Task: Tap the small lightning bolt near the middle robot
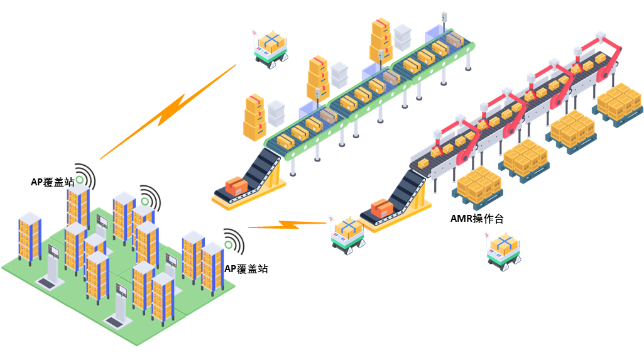click(x=287, y=224)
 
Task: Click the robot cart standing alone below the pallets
click(x=503, y=251)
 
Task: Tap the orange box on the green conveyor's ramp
click(x=237, y=185)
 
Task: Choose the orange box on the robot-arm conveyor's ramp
click(x=381, y=207)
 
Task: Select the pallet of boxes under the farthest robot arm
click(x=619, y=102)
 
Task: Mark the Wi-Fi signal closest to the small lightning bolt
click(x=233, y=241)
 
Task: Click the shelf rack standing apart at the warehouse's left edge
click(x=30, y=236)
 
